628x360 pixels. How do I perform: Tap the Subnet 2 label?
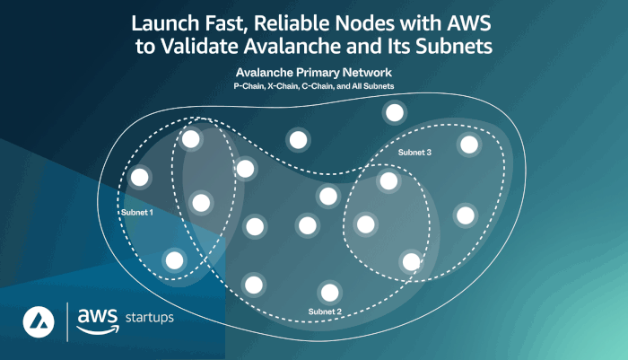(325, 312)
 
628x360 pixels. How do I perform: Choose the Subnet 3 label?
(414, 154)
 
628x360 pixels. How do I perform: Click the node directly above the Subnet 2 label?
(330, 291)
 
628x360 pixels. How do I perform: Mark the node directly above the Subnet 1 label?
(138, 178)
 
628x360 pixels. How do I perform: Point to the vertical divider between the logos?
(68, 321)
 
